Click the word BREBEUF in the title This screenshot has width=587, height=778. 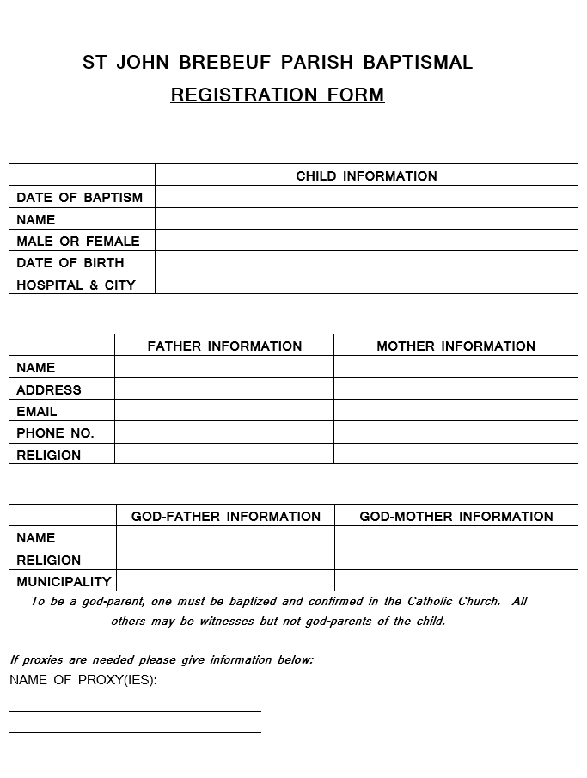[239, 62]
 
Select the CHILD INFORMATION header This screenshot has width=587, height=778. [366, 175]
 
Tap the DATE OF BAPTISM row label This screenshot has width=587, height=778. [80, 197]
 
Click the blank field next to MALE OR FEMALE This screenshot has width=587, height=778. [366, 241]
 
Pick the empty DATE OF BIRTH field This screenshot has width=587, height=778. [366, 262]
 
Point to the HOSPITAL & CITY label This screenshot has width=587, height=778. [76, 285]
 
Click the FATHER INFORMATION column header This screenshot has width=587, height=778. [224, 346]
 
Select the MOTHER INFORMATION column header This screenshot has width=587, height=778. [456, 346]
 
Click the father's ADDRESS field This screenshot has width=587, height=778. [224, 389]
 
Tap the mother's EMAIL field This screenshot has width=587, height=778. [456, 411]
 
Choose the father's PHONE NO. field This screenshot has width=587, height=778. [224, 432]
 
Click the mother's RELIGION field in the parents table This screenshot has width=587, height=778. [456, 454]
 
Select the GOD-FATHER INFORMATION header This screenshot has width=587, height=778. [225, 516]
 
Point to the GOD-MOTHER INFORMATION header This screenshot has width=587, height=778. [456, 516]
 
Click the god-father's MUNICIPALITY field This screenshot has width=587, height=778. [225, 581]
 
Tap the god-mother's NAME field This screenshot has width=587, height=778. [456, 537]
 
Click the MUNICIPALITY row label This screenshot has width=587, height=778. [64, 581]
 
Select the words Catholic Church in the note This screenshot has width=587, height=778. [454, 601]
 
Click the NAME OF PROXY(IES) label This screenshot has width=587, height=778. [83, 680]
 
